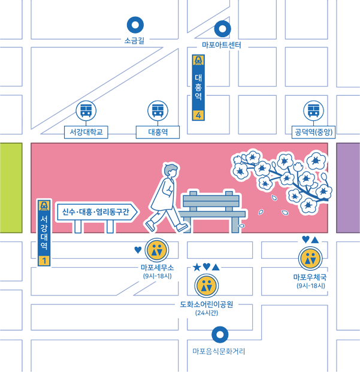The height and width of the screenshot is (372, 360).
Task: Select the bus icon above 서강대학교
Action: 86,111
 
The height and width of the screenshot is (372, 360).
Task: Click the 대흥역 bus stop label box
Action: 158,132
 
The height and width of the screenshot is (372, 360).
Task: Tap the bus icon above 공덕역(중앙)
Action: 313,111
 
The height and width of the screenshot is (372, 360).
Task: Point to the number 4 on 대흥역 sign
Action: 198,116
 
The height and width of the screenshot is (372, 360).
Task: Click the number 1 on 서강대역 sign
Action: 44,261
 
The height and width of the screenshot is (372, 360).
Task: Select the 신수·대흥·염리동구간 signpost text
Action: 96,211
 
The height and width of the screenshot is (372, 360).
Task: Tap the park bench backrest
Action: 211,201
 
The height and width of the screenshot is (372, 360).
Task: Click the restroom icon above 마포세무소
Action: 157,250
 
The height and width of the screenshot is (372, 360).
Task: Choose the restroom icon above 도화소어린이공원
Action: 206,286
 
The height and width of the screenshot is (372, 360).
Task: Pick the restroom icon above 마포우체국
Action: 310,258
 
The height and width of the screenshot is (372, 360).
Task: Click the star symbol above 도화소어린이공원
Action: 197,267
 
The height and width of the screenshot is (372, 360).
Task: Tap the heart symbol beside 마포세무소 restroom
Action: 138,250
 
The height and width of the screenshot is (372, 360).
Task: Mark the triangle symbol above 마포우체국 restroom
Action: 314,240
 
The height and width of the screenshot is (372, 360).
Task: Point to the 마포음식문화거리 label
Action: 219,352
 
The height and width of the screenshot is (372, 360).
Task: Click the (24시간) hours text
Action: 207,313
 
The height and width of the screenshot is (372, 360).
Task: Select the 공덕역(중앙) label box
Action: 313,132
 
